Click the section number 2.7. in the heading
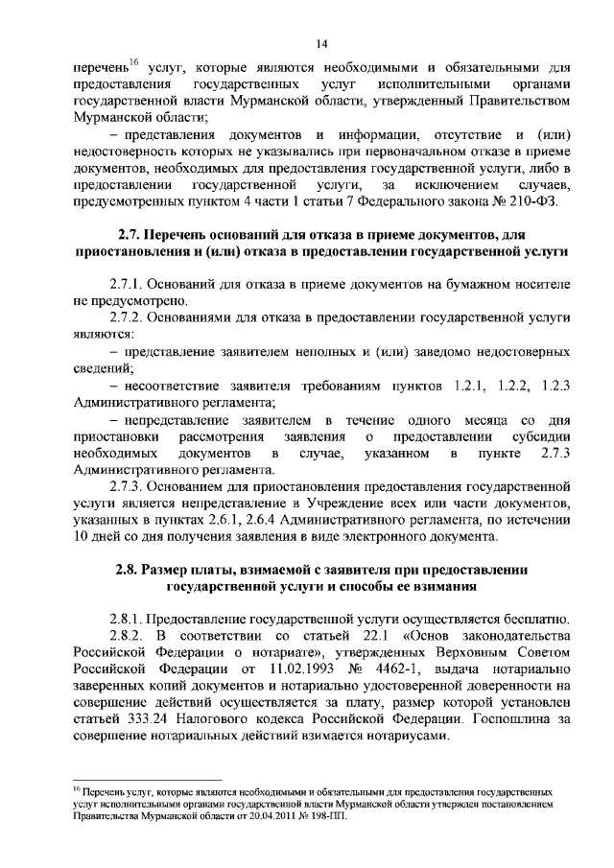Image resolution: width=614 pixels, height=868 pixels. [131, 235]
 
